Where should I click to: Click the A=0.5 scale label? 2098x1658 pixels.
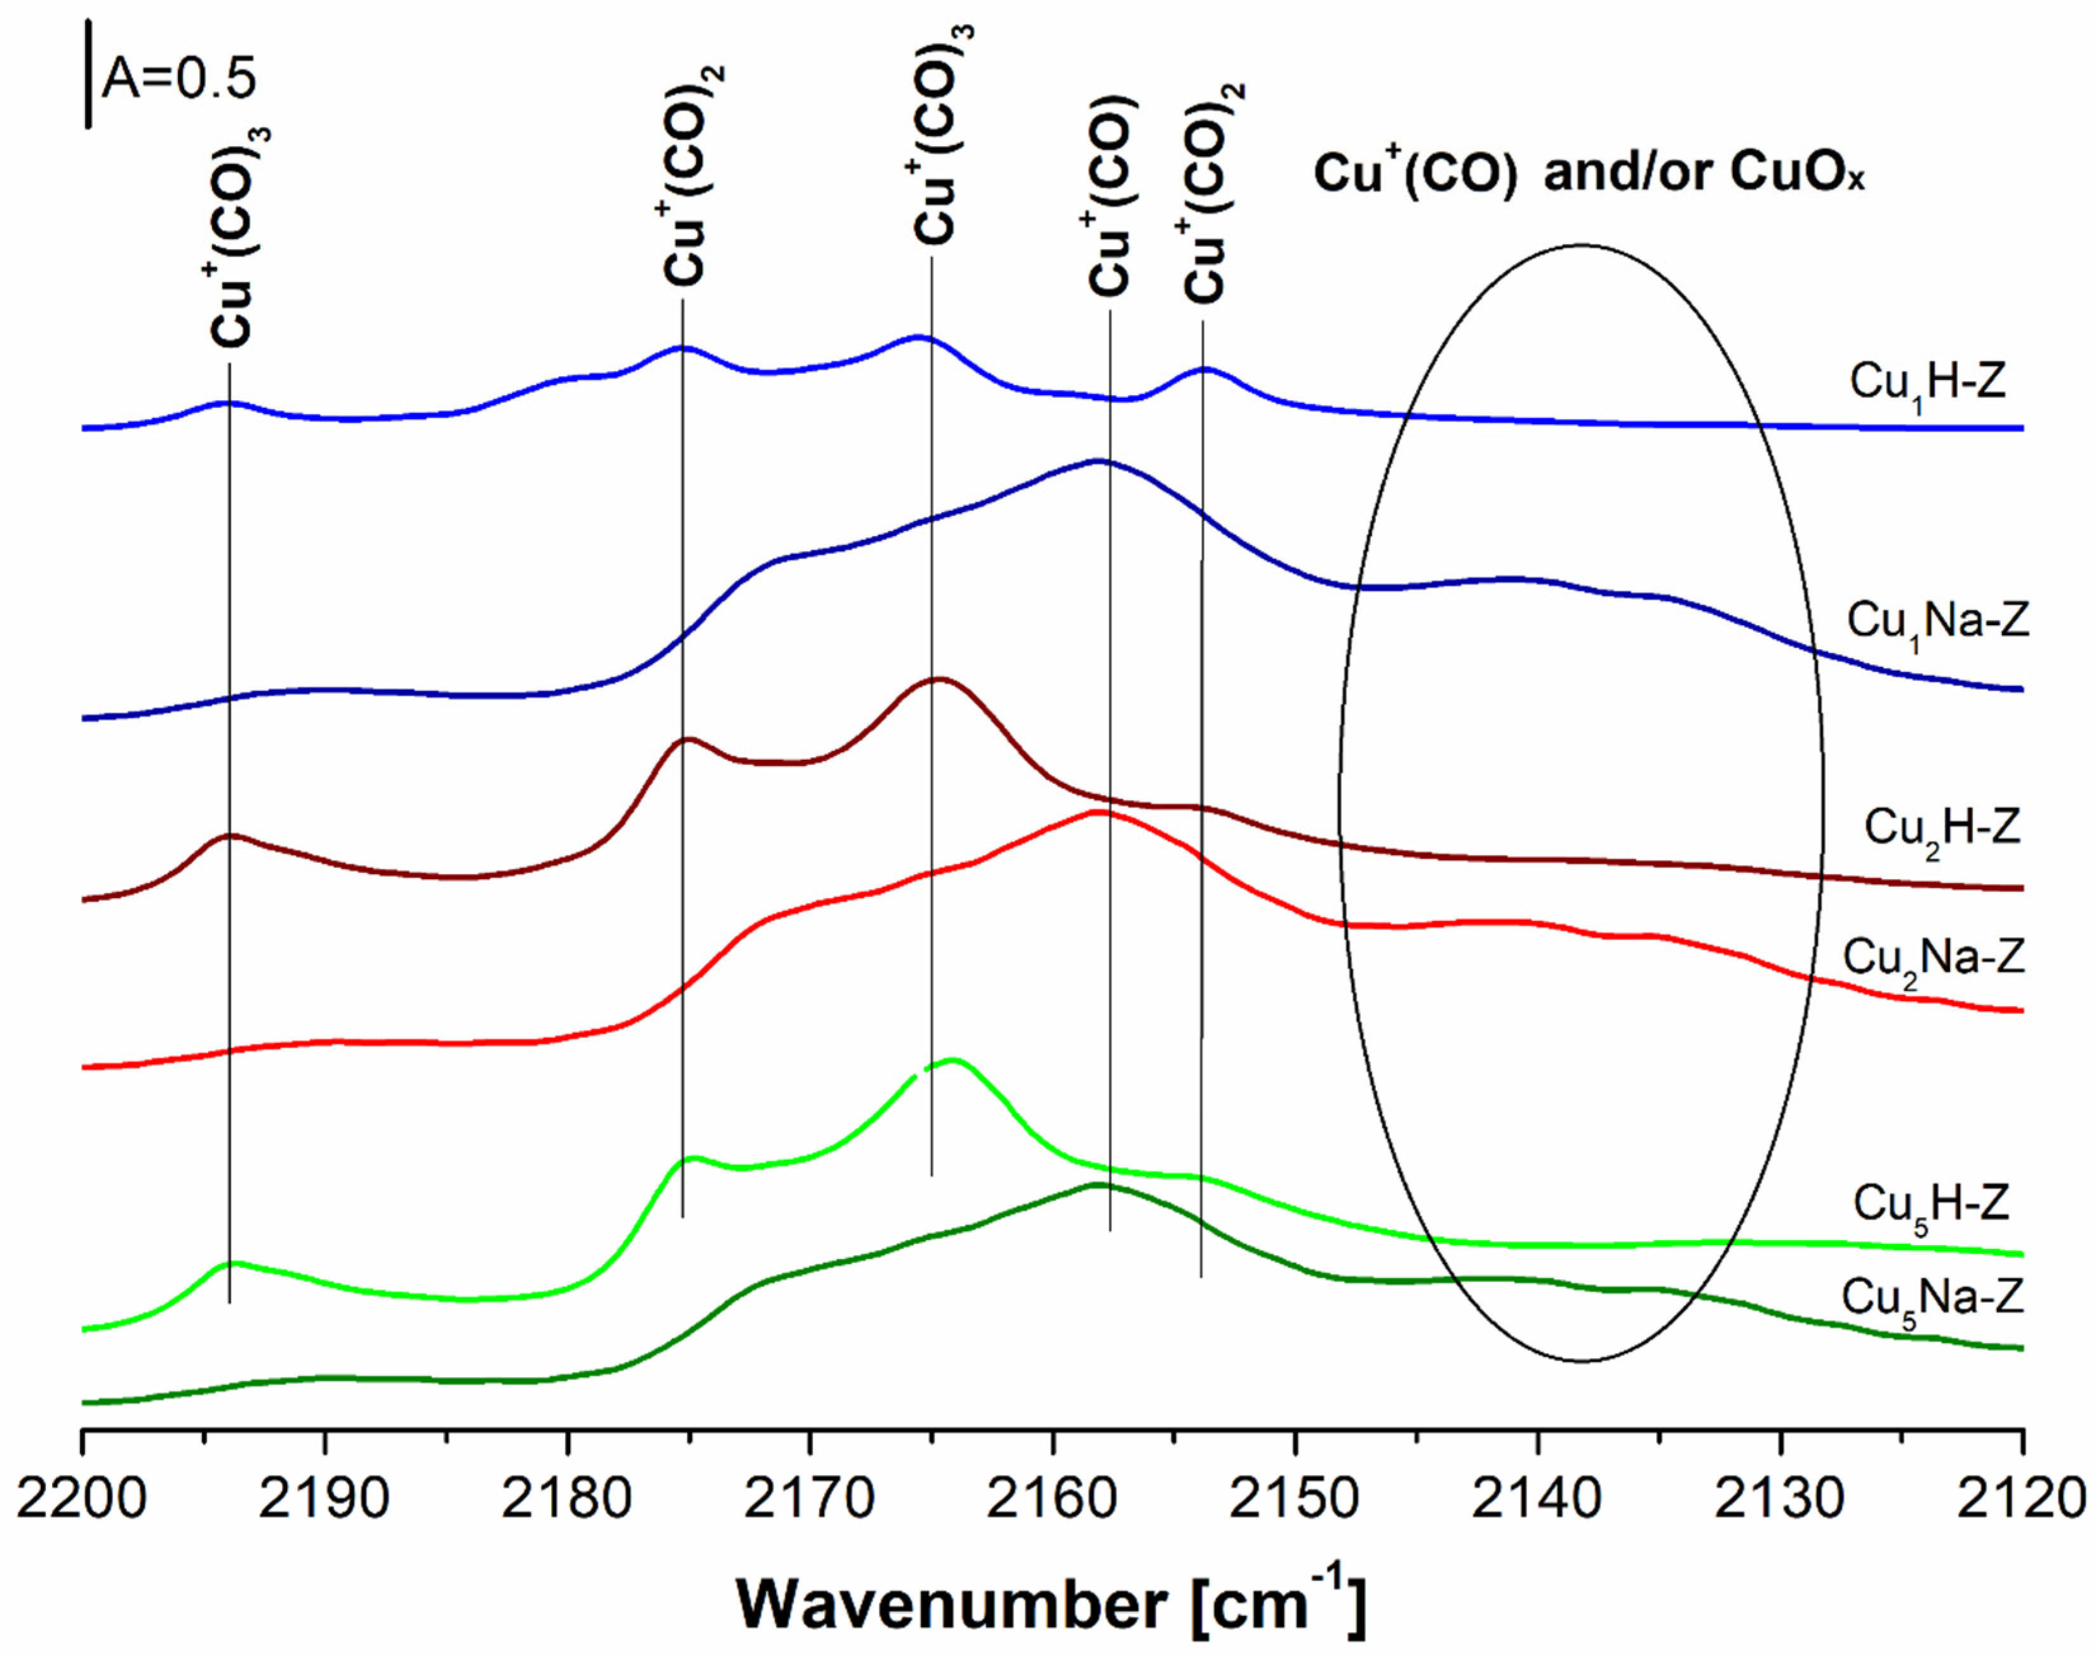(180, 78)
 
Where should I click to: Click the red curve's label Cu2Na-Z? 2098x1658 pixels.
(1934, 959)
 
